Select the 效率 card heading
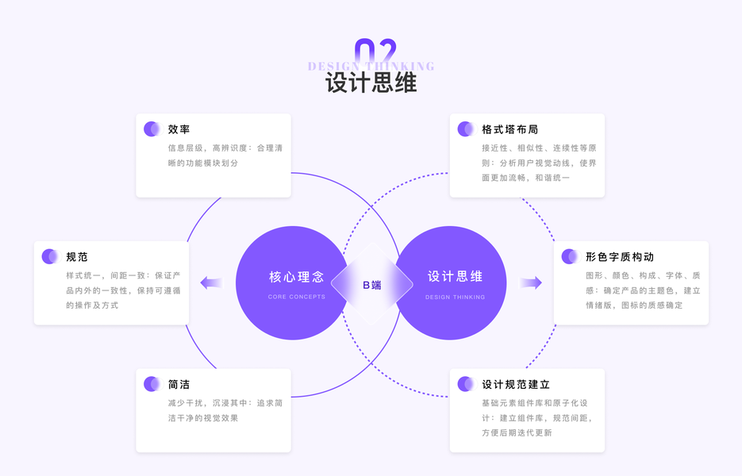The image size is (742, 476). (x=179, y=129)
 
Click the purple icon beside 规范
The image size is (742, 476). (x=50, y=256)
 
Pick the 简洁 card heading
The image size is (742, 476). (x=179, y=384)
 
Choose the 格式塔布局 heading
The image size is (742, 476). (x=509, y=129)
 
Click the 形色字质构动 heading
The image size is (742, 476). (x=619, y=256)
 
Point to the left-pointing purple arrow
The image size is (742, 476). (x=210, y=282)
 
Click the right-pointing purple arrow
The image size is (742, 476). (x=531, y=282)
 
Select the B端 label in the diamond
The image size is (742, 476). (x=371, y=285)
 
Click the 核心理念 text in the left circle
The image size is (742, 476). (x=296, y=277)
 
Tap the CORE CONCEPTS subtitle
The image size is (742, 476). (x=296, y=297)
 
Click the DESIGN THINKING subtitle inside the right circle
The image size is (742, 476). (x=455, y=297)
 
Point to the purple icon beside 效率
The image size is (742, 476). (x=152, y=129)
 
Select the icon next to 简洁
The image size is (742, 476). (x=152, y=384)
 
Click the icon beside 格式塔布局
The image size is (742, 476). (x=466, y=129)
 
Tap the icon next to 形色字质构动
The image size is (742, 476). (x=569, y=256)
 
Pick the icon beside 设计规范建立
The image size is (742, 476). (x=466, y=384)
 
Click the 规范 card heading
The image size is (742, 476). (x=77, y=256)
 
